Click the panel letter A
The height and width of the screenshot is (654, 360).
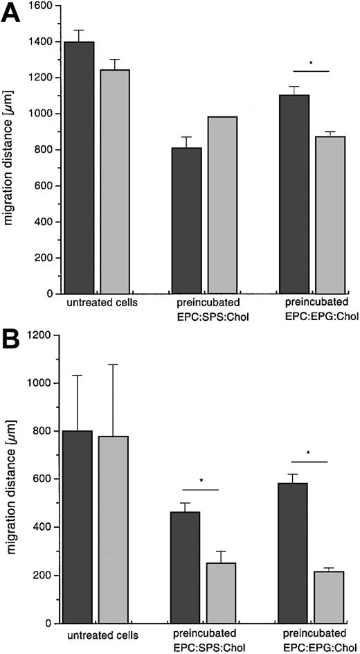(13, 14)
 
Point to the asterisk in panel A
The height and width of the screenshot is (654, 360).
(310, 64)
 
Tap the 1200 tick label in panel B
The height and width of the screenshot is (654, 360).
(43, 335)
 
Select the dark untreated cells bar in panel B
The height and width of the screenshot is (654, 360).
(79, 527)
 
